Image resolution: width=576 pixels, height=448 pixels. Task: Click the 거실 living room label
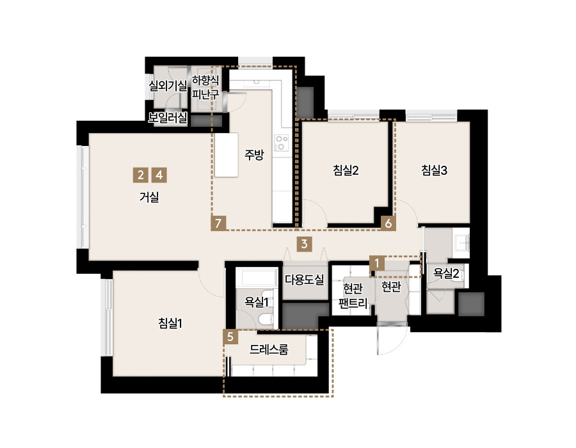pyautogui.click(x=149, y=197)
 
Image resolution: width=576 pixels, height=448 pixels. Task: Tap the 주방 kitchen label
pyautogui.click(x=254, y=155)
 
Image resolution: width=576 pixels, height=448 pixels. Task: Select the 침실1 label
pyautogui.click(x=170, y=323)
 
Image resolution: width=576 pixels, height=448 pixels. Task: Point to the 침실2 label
pyautogui.click(x=346, y=170)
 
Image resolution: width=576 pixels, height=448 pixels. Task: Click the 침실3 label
pyautogui.click(x=434, y=170)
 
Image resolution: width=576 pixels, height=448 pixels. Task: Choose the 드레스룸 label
pyautogui.click(x=269, y=349)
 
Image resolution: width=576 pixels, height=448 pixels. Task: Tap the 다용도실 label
pyautogui.click(x=305, y=280)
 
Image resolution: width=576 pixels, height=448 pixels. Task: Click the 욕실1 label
pyautogui.click(x=257, y=302)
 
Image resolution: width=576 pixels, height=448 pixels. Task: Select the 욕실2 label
pyautogui.click(x=446, y=273)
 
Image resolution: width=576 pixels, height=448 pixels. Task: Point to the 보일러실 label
pyautogui.click(x=168, y=118)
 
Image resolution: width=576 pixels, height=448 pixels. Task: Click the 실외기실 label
pyautogui.click(x=168, y=86)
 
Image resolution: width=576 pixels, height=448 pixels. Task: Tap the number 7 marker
pyautogui.click(x=219, y=223)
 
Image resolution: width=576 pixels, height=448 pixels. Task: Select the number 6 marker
pyautogui.click(x=388, y=223)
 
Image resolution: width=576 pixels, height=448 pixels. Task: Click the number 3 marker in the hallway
pyautogui.click(x=304, y=244)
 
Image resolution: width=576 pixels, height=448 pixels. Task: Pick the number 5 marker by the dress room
pyautogui.click(x=230, y=337)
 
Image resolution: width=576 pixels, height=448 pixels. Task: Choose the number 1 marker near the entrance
pyautogui.click(x=377, y=263)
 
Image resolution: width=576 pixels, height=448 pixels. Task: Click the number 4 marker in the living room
pyautogui.click(x=159, y=175)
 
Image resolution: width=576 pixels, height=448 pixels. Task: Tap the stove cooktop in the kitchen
pyautogui.click(x=282, y=143)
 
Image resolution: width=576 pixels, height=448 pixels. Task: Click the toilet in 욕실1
pyautogui.click(x=266, y=320)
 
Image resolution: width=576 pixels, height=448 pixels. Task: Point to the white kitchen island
pyautogui.click(x=227, y=155)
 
